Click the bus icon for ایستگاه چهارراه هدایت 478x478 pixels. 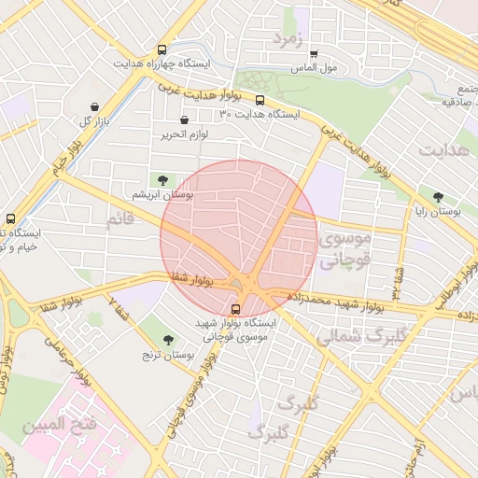click(x=163, y=49)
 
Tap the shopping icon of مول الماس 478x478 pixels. click(x=313, y=54)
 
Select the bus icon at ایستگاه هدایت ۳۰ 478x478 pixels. click(x=260, y=101)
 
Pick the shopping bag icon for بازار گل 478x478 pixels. click(x=96, y=107)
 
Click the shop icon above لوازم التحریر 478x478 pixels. click(x=184, y=120)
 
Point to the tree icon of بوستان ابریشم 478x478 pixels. click(x=164, y=178)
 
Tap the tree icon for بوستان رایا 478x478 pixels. click(x=438, y=197)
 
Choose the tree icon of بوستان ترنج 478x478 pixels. click(x=168, y=340)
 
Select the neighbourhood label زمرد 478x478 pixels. click(x=288, y=39)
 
